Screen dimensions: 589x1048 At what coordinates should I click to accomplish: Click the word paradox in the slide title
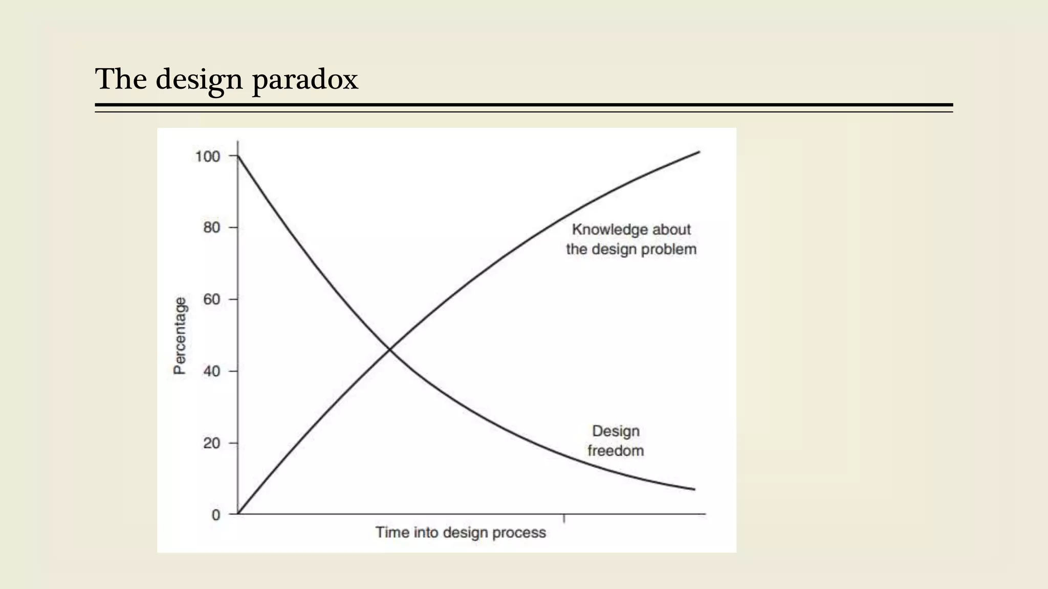(x=305, y=80)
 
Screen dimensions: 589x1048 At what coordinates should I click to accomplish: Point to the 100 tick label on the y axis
(x=207, y=156)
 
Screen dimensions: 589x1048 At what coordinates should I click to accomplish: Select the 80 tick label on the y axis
(x=211, y=228)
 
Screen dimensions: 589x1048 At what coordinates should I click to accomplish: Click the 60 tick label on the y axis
(x=211, y=299)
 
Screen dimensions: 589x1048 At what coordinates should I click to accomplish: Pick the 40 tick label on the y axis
(x=211, y=371)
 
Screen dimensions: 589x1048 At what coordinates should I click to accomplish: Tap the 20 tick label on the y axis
(x=211, y=443)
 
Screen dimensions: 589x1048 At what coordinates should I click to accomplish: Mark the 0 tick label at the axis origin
(x=216, y=515)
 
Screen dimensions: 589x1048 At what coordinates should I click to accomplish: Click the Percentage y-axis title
(x=180, y=336)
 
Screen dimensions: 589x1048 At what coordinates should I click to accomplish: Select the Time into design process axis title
(x=461, y=533)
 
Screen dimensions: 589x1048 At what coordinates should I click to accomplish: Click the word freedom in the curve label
(x=616, y=451)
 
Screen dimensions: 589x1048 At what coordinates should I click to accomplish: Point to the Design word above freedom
(x=616, y=431)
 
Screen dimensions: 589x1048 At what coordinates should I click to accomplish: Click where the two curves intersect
(x=389, y=350)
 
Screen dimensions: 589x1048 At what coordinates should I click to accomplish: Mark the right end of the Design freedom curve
(x=694, y=489)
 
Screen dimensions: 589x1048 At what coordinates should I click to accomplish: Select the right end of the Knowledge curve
(x=699, y=152)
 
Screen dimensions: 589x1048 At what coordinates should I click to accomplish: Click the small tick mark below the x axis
(x=564, y=518)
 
